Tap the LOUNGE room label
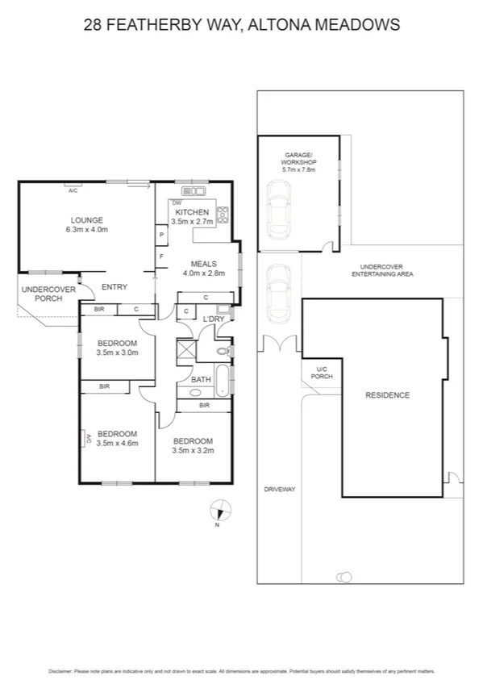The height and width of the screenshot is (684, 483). (x=86, y=220)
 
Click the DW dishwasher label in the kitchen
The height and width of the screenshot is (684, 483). (x=177, y=202)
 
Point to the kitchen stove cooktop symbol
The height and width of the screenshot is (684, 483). (x=223, y=215)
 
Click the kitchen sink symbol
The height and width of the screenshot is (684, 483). (x=194, y=190)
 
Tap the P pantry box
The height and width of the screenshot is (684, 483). (x=161, y=235)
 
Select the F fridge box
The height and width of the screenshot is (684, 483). (x=161, y=256)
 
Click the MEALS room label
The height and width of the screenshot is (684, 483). (x=202, y=264)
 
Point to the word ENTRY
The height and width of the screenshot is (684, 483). (x=115, y=286)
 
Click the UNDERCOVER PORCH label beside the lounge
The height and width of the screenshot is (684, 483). (x=48, y=294)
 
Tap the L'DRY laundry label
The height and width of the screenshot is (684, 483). (x=213, y=319)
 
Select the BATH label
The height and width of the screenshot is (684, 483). (x=200, y=378)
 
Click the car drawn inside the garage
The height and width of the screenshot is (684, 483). (x=278, y=206)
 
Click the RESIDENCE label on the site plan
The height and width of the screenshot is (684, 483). (x=388, y=395)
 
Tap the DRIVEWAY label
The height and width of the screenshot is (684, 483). (x=280, y=489)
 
